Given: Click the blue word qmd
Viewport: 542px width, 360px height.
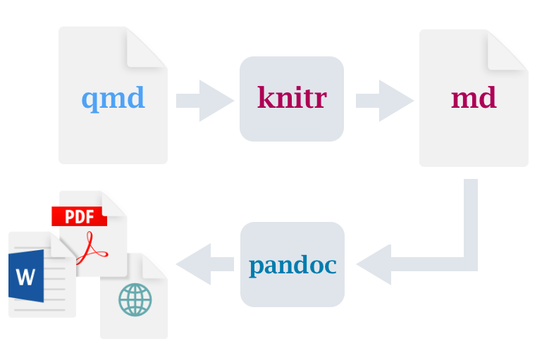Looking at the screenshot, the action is click(x=113, y=99).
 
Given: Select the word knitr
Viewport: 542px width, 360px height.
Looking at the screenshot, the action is click(x=292, y=97).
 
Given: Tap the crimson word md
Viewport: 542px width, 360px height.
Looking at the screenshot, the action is click(x=474, y=97).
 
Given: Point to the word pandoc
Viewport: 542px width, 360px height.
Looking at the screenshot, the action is click(x=292, y=266).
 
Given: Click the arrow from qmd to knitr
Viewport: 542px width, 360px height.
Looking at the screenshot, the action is click(x=205, y=101).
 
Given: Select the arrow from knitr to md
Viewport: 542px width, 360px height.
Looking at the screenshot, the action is click(x=385, y=101).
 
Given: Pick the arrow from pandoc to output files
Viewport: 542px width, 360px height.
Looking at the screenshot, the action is click(x=205, y=264).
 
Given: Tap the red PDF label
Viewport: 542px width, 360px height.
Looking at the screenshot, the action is click(x=79, y=216).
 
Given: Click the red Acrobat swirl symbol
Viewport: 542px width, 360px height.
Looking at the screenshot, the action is click(x=92, y=249).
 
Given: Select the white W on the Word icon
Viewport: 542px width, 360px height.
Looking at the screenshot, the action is click(x=25, y=277).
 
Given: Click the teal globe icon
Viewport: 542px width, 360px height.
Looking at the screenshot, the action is click(x=135, y=300).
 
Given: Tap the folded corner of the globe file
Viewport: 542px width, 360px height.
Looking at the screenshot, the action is click(x=154, y=266).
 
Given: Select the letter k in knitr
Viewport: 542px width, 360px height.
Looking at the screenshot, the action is click(x=266, y=97).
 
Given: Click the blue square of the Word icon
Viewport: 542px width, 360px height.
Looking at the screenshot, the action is click(x=26, y=276).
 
